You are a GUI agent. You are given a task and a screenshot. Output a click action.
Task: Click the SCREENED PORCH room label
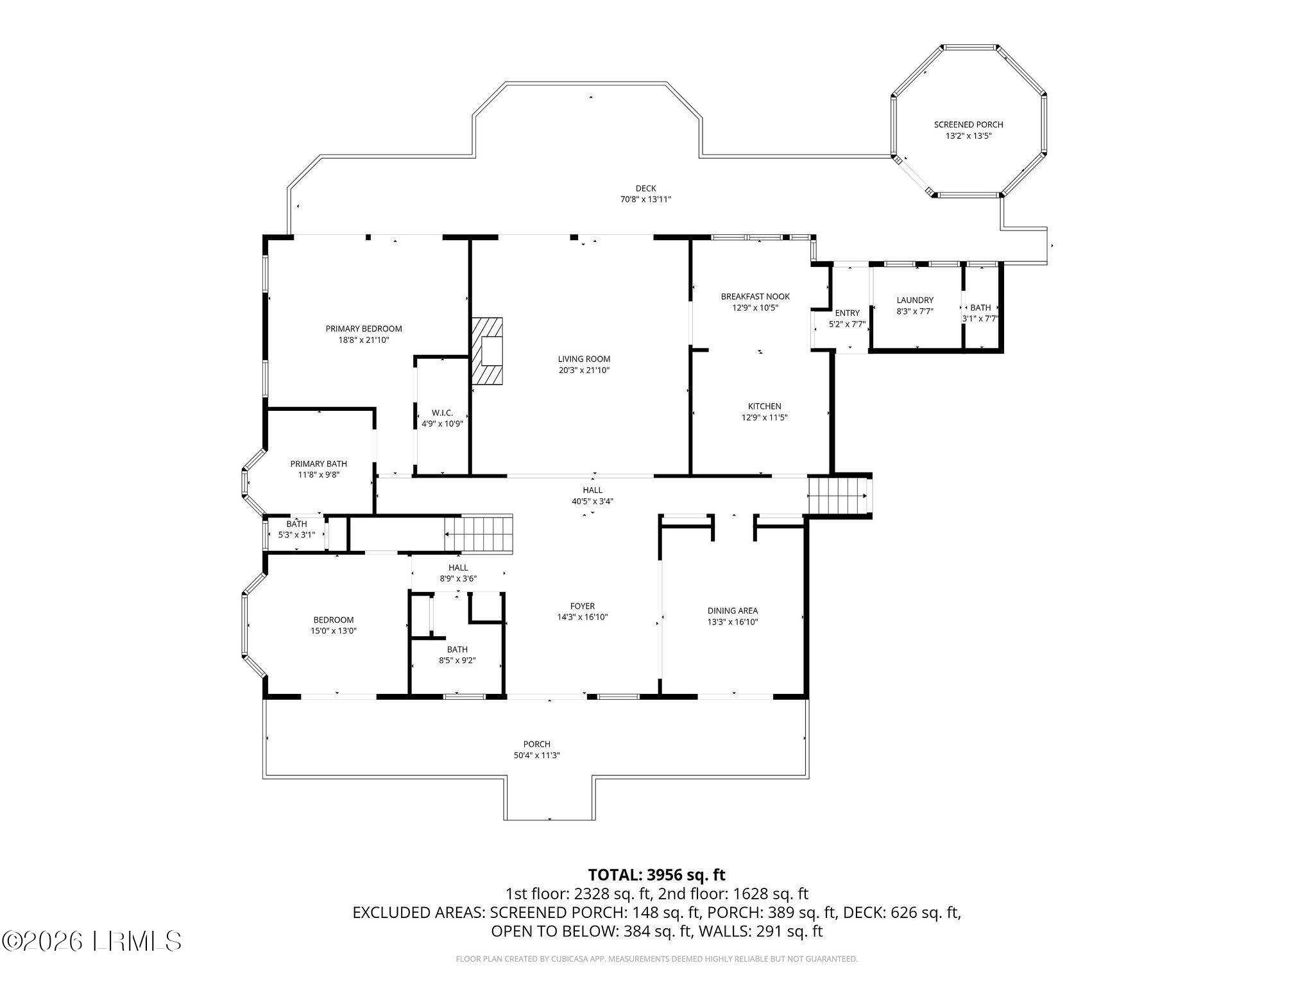pos(968,125)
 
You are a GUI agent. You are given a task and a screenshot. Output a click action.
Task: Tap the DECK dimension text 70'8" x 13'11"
pos(645,200)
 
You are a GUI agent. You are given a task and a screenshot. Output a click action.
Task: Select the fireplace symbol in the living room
pos(487,351)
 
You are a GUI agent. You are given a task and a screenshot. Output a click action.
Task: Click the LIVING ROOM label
pos(584,359)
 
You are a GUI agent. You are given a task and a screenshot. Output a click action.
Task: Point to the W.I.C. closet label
pos(442,413)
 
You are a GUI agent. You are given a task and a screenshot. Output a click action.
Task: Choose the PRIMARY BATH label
pos(318,463)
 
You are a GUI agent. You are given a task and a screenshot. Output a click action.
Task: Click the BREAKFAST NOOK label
pos(755,297)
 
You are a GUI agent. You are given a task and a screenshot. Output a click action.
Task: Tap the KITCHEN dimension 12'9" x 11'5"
pos(764,417)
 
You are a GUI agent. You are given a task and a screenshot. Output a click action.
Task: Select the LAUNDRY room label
pos(915,300)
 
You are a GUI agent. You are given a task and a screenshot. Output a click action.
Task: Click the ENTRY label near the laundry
pos(847,313)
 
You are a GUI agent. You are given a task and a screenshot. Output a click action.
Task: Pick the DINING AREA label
pos(733,610)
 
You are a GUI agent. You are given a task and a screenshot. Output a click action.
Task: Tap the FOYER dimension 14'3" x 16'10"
pos(583,617)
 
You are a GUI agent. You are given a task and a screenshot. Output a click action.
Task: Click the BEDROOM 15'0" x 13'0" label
pos(334,619)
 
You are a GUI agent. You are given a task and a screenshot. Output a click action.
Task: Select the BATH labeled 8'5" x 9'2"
pos(457,649)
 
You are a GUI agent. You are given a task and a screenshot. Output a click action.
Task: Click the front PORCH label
pos(536,745)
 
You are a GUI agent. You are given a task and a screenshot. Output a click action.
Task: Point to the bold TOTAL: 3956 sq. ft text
pos(657,874)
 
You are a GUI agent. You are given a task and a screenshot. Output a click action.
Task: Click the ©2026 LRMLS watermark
pos(92,941)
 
